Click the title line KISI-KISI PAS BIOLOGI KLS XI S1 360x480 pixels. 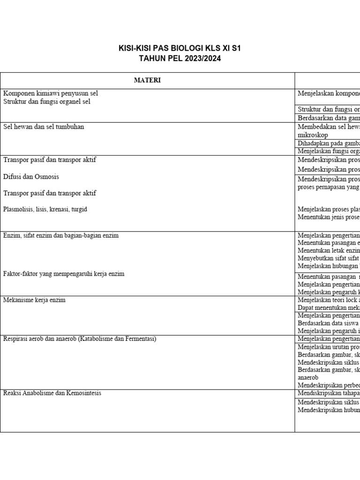[x=180, y=49]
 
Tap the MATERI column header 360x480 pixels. [x=147, y=80]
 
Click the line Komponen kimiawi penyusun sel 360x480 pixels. [x=51, y=93]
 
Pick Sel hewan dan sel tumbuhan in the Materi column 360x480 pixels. [x=44, y=127]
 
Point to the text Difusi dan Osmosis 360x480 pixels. [x=31, y=177]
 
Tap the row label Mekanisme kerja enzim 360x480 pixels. [x=34, y=300]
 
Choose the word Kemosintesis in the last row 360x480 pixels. [x=83, y=393]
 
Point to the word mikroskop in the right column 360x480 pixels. [x=313, y=135]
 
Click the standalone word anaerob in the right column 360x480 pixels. [x=308, y=377]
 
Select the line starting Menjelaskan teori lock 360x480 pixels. [x=328, y=300]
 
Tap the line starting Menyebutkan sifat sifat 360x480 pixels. [x=328, y=258]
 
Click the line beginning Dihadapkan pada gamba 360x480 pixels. [x=328, y=143]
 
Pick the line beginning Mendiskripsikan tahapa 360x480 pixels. [x=328, y=393]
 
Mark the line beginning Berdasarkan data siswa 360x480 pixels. [x=328, y=323]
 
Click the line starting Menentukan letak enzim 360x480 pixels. [x=328, y=251]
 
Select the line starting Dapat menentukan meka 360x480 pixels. [x=328, y=307]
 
